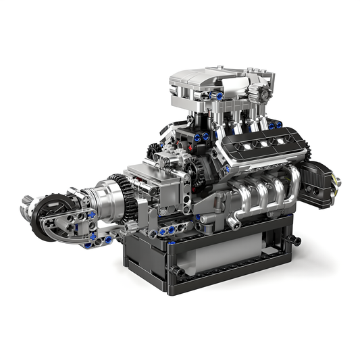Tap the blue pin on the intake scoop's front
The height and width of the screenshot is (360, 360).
220,97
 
